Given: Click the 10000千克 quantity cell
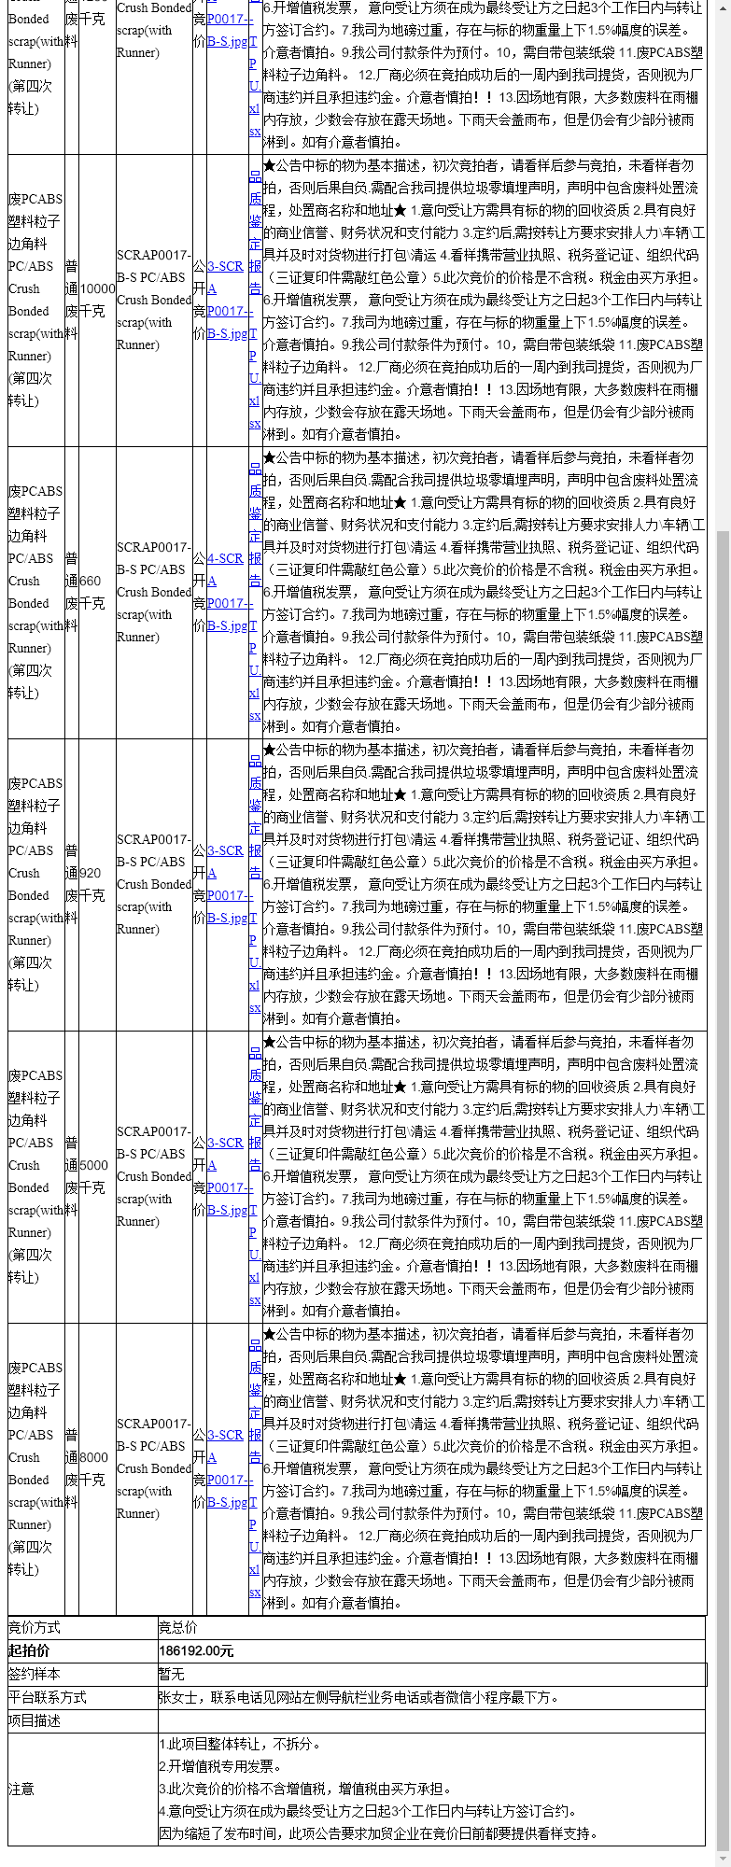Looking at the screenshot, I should click(97, 300).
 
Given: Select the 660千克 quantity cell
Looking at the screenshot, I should click(91, 592).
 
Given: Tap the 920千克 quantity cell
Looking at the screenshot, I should click(91, 884).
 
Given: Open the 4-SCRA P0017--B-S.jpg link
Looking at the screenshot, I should click(227, 592).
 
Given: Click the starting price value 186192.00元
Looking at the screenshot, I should click(196, 1650).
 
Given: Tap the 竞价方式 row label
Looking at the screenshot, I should click(35, 1627).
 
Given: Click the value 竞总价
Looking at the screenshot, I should click(177, 1627).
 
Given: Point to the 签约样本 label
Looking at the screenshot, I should click(35, 1674).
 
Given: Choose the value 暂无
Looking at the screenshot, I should click(172, 1674).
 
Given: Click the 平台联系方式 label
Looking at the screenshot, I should click(48, 1697).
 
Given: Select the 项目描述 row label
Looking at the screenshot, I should click(35, 1720).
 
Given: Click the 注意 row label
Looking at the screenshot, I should click(21, 1789).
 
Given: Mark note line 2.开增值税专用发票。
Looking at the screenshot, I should click(221, 1766).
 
